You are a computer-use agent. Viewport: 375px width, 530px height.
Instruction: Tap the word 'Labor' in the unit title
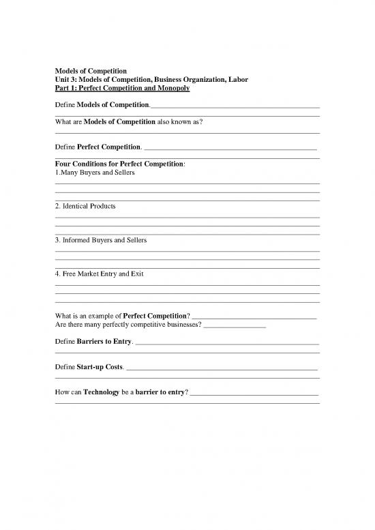pos(234,80)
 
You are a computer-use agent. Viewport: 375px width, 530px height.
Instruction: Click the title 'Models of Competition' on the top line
pos(90,71)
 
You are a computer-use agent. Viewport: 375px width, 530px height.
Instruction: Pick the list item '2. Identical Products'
pos(85,206)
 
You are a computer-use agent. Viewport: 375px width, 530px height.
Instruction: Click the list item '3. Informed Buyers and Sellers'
pos(100,240)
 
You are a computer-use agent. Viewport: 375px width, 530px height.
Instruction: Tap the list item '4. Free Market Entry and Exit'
pos(99,274)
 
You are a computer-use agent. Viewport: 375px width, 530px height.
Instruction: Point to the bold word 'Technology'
pos(102,393)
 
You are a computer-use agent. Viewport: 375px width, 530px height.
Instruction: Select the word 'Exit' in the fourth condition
pos(136,274)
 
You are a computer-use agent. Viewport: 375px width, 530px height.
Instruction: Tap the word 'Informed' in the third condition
pos(76,240)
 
